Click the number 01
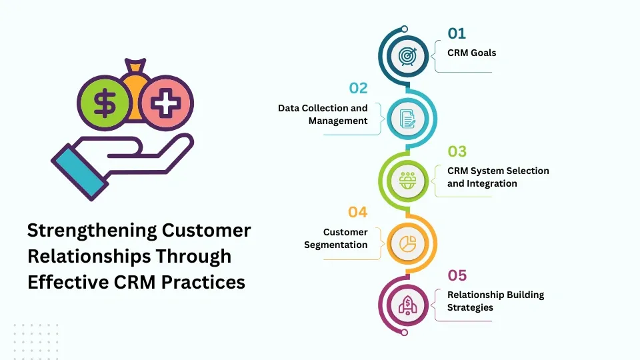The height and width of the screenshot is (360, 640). click(457, 33)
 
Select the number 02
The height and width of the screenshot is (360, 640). click(358, 88)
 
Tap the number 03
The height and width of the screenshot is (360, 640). click(457, 151)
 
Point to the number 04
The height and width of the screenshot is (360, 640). click(358, 212)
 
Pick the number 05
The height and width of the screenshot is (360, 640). click(457, 275)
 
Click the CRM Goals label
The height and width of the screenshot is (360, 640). click(471, 53)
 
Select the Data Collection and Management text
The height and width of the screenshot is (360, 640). click(323, 114)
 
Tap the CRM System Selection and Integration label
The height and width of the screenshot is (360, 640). click(497, 177)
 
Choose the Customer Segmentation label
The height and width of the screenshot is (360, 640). click(336, 238)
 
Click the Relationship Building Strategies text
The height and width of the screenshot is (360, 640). click(495, 301)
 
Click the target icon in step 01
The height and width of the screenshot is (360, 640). click(407, 56)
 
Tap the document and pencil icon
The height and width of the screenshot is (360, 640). click(407, 119)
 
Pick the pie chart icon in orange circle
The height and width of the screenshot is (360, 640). click(407, 243)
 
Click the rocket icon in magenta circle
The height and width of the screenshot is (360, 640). click(407, 305)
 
